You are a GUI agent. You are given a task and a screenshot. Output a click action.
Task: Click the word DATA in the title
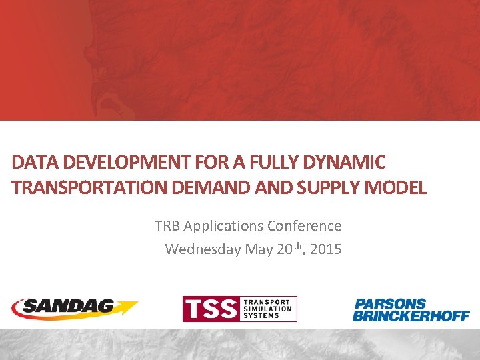click(x=30, y=161)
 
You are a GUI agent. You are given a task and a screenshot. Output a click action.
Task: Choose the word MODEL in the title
click(x=397, y=187)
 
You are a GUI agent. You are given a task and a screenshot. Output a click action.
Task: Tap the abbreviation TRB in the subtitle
click(x=167, y=226)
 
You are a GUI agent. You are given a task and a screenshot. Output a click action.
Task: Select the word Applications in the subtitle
click(x=222, y=226)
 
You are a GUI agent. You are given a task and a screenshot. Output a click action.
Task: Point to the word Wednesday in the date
click(x=203, y=249)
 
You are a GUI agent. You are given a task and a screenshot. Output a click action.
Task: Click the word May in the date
click(x=258, y=249)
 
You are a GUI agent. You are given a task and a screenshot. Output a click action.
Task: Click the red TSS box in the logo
click(x=212, y=309)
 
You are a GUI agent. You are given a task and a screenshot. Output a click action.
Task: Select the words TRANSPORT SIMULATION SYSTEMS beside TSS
click(x=268, y=309)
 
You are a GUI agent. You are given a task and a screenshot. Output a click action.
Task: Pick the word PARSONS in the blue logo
click(x=390, y=304)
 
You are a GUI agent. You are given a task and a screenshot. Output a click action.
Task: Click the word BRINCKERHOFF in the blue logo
click(x=411, y=316)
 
